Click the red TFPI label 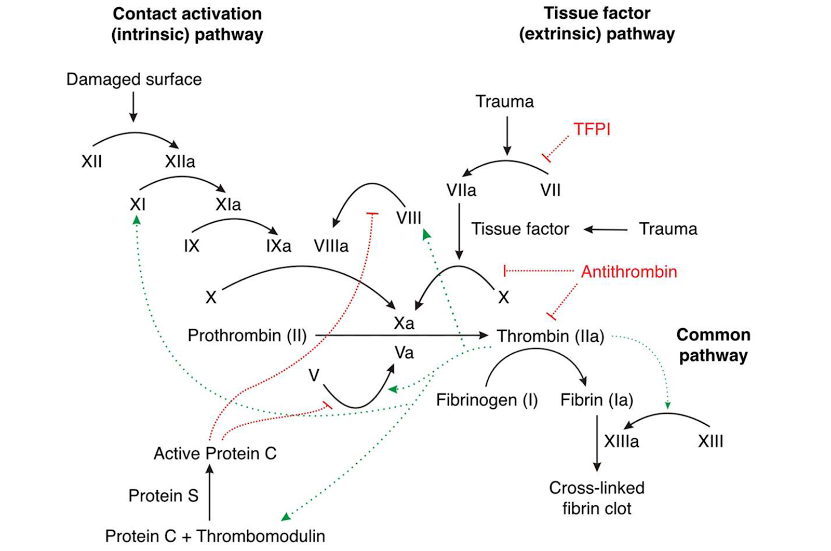point(592,129)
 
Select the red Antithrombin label point(628,272)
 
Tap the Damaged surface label point(134,79)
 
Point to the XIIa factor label point(180,162)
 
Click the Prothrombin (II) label point(247,335)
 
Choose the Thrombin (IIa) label point(550,336)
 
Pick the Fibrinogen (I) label point(487,400)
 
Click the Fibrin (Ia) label point(597,400)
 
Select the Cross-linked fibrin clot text point(597,498)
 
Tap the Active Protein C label point(215,453)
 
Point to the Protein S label point(163,495)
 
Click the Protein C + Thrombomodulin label point(215,536)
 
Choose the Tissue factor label point(520,229)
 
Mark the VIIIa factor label point(331,246)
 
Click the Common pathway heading point(713,345)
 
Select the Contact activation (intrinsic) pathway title point(187,24)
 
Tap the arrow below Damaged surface point(133,107)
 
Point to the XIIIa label point(621,441)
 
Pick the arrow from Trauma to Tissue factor point(606,229)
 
